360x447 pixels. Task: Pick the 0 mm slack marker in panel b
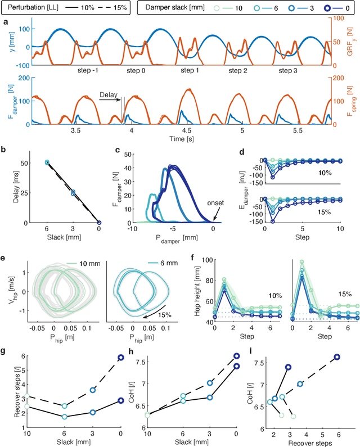point(99,223)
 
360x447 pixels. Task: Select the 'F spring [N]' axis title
point(352,101)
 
